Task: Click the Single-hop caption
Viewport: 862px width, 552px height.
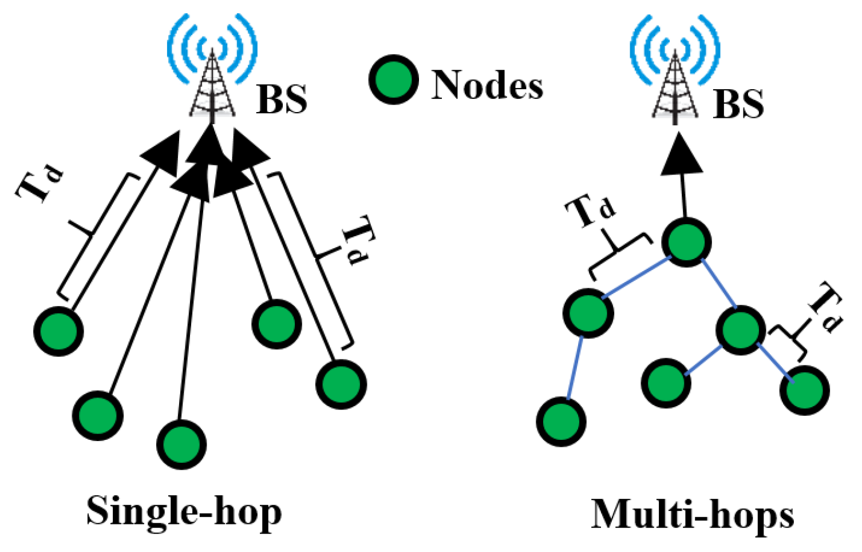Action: click(x=184, y=511)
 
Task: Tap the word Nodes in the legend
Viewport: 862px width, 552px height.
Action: click(x=487, y=85)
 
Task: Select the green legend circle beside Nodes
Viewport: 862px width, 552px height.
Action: click(x=393, y=80)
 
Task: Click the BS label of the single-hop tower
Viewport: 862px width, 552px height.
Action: click(x=282, y=99)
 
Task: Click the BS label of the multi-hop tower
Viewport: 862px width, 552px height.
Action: click(x=738, y=104)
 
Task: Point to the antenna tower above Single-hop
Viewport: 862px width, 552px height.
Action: click(x=212, y=86)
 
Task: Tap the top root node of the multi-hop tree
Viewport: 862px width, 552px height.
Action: click(x=686, y=241)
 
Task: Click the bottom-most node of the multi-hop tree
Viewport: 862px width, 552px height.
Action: click(x=561, y=422)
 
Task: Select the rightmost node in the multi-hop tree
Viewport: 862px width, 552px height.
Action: click(x=804, y=390)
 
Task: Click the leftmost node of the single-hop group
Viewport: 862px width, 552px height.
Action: click(x=58, y=331)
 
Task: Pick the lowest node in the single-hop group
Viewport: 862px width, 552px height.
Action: click(x=181, y=444)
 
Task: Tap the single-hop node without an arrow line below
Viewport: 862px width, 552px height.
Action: click(x=276, y=324)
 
